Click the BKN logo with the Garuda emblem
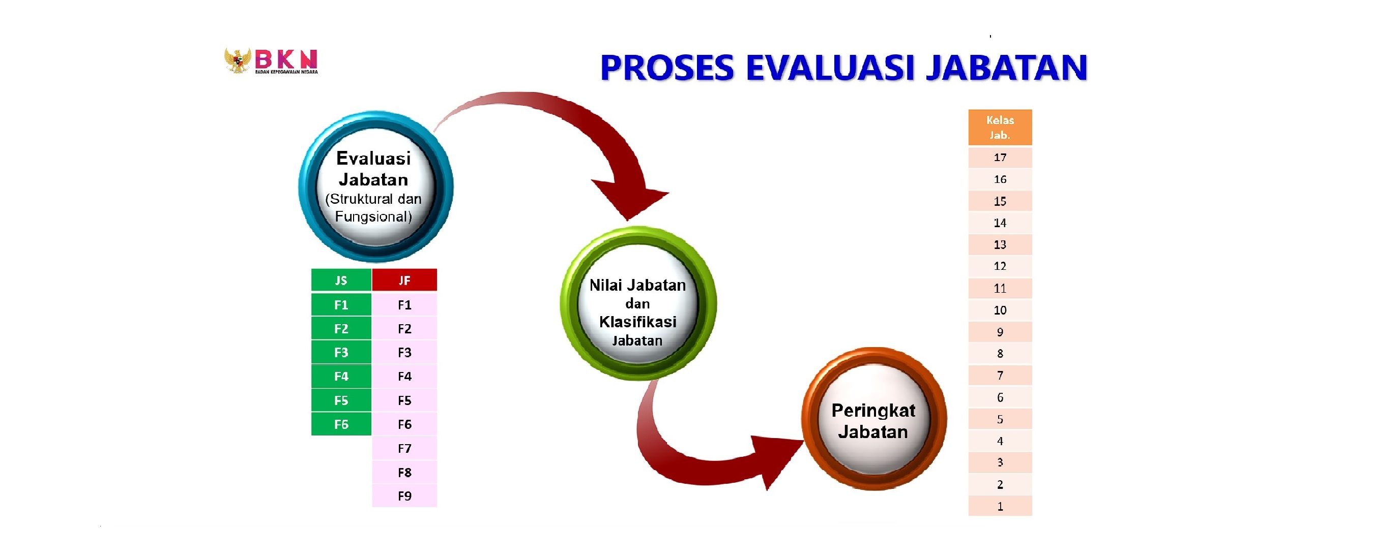(x=271, y=61)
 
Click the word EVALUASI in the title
(x=830, y=68)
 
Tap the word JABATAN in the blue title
(x=1006, y=68)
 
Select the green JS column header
(x=341, y=280)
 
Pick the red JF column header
(x=404, y=280)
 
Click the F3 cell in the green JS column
(x=341, y=352)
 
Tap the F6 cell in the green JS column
(x=341, y=424)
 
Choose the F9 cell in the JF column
(x=404, y=495)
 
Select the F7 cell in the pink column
(x=404, y=448)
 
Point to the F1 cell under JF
(x=404, y=304)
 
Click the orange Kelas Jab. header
(x=1000, y=128)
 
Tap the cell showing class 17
(x=1000, y=158)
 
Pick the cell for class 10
(x=1000, y=310)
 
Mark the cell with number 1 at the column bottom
(x=1000, y=506)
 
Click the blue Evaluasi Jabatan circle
(x=375, y=186)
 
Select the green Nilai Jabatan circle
(x=638, y=303)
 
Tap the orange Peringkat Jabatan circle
(x=874, y=419)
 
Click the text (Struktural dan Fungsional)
(x=373, y=208)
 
